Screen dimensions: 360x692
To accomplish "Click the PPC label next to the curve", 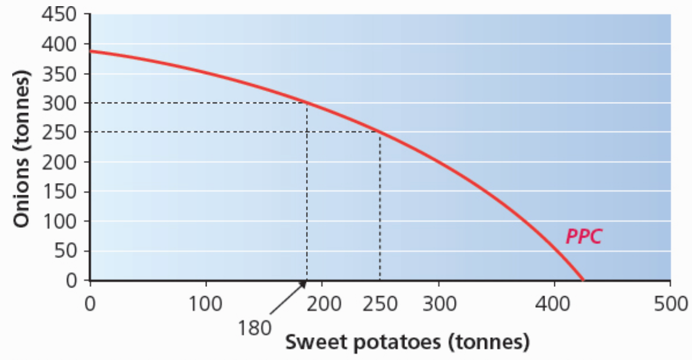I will tap(583, 237).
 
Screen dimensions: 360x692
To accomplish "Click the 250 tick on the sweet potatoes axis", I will tap(380, 303).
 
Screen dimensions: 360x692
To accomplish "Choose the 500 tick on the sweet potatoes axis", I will tap(670, 303).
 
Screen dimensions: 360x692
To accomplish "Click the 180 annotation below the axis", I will tap(254, 327).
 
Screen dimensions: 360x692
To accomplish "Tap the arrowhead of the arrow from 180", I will tap(304, 283).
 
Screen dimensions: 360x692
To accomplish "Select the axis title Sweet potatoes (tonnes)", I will tap(407, 341).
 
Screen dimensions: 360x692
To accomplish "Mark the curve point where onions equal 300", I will tap(307, 103).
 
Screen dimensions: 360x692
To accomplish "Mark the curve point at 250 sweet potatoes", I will tap(380, 132).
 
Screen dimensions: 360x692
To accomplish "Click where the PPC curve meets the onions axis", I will tap(90, 51).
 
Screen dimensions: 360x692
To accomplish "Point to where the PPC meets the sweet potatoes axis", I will tap(583, 280).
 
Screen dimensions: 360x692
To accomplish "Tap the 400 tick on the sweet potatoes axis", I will tap(554, 303).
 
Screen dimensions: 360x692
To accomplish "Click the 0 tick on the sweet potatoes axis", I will tap(90, 303).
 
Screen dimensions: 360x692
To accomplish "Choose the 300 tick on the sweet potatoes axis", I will tap(438, 303).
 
